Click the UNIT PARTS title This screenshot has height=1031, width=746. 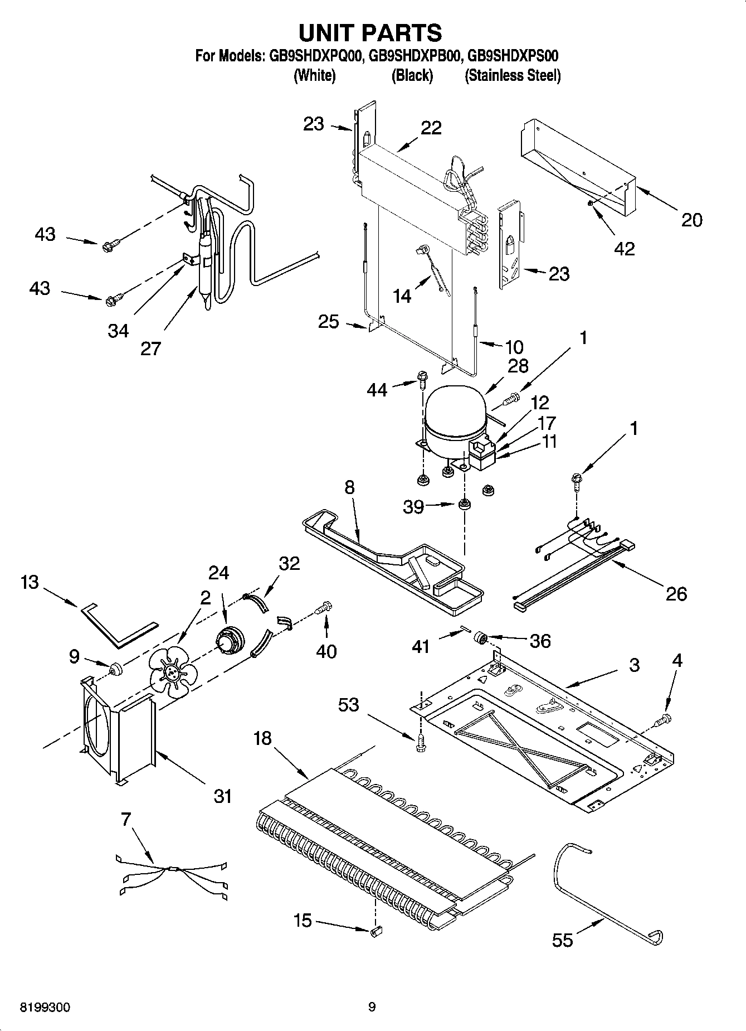pos(370,33)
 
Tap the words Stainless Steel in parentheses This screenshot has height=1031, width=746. pos(513,76)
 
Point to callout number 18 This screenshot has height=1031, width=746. pos(262,738)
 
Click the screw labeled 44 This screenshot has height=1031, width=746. pos(422,381)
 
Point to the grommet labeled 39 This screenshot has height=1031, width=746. pos(463,505)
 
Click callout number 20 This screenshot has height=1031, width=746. pos(691,220)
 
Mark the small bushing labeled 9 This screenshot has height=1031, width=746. pos(116,668)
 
